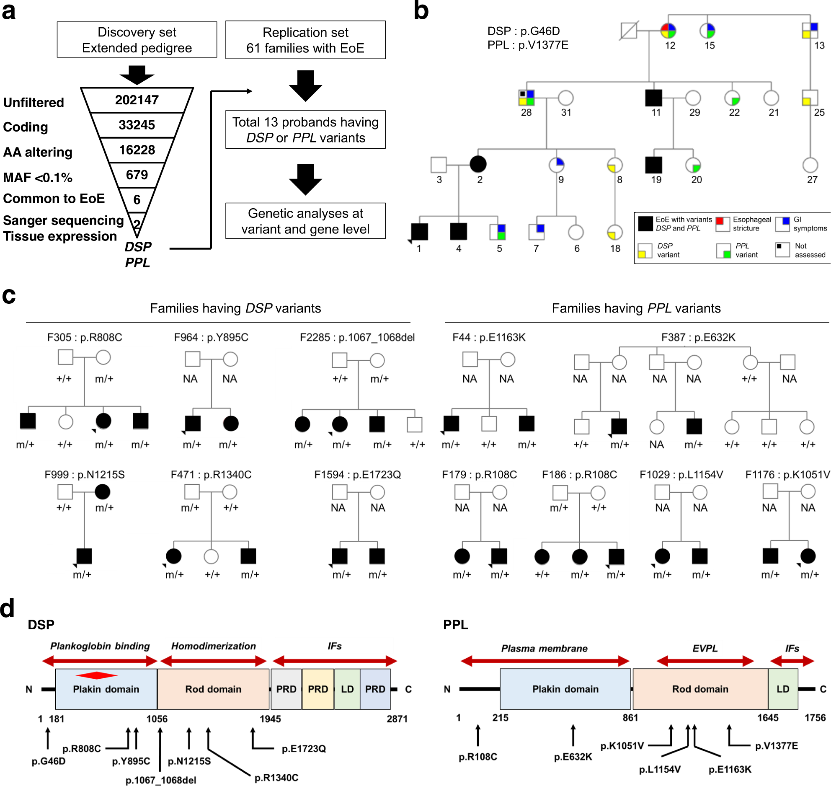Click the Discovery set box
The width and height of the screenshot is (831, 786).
(137, 40)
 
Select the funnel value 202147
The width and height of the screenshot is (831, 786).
(137, 100)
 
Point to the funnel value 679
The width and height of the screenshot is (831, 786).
(137, 175)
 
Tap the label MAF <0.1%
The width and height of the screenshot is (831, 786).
(38, 178)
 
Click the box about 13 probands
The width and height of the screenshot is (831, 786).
(305, 130)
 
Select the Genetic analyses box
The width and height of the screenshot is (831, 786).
(305, 221)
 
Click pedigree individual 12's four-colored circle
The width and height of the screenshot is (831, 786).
(668, 31)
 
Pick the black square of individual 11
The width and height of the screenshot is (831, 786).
(653, 98)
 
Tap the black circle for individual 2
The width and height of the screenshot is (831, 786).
(478, 164)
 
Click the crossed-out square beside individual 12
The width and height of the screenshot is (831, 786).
(629, 31)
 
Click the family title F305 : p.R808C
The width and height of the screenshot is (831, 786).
(85, 337)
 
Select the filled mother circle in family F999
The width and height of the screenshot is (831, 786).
(103, 491)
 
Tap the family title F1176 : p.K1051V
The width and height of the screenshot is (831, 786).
(787, 475)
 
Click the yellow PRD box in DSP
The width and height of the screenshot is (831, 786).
(318, 689)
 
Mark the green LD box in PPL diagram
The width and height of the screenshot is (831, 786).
(783, 689)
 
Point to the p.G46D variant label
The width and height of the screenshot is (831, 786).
(49, 761)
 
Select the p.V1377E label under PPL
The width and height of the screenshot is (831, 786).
(776, 746)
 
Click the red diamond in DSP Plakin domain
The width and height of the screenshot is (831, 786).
(97, 675)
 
